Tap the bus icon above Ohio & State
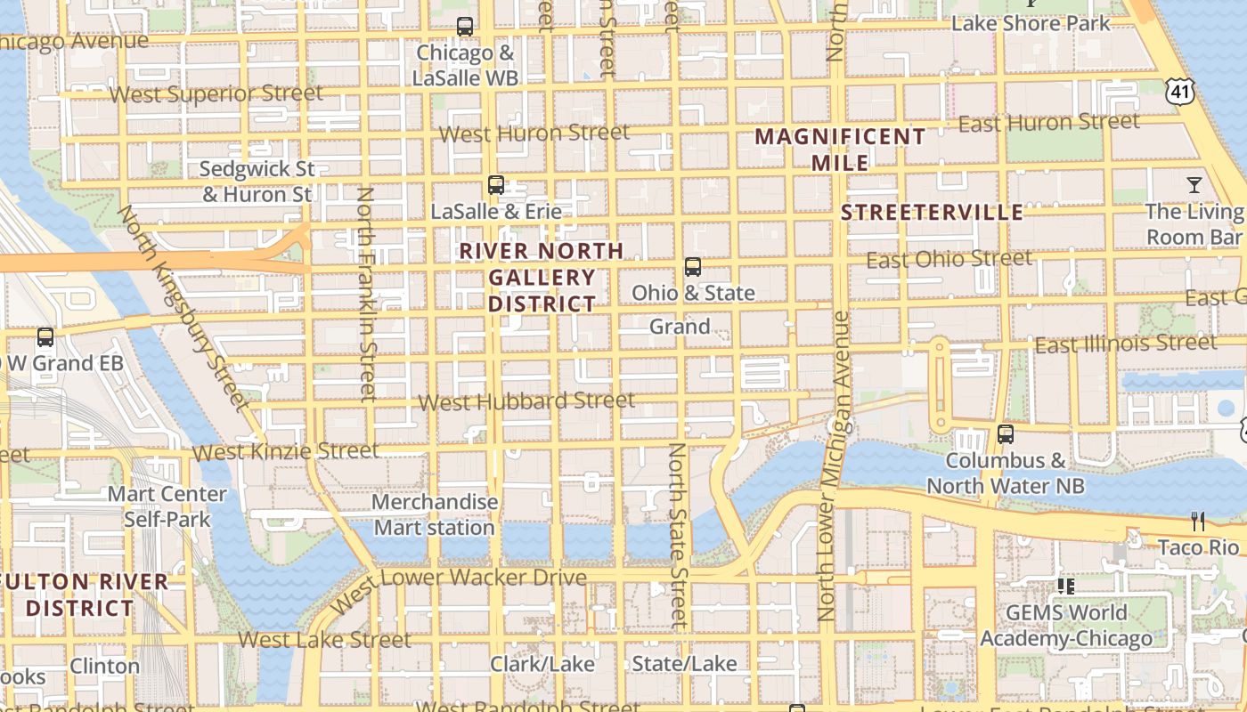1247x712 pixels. coord(692,266)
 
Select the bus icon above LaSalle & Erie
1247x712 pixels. coord(496,185)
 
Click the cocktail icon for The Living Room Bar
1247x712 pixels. coord(1194,185)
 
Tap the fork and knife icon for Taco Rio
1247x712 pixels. coord(1198,521)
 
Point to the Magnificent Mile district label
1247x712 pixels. coord(841,150)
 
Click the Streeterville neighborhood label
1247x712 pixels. coord(933,212)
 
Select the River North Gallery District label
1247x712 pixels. coord(542,277)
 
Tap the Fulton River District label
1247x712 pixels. coord(85,595)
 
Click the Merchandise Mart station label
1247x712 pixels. coord(434,514)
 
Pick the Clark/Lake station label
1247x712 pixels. coord(542,664)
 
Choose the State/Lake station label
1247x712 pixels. coord(684,663)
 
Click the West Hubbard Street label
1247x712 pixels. coord(526,401)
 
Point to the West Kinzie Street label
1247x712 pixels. coord(285,451)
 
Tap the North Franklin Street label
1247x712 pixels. coord(366,294)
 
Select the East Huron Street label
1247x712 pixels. coord(1048,123)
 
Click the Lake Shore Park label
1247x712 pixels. coord(1031,23)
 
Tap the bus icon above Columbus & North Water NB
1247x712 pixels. coord(1006,434)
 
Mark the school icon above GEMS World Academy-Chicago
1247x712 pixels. coord(1064,586)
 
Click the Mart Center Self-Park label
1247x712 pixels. coord(167,506)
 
